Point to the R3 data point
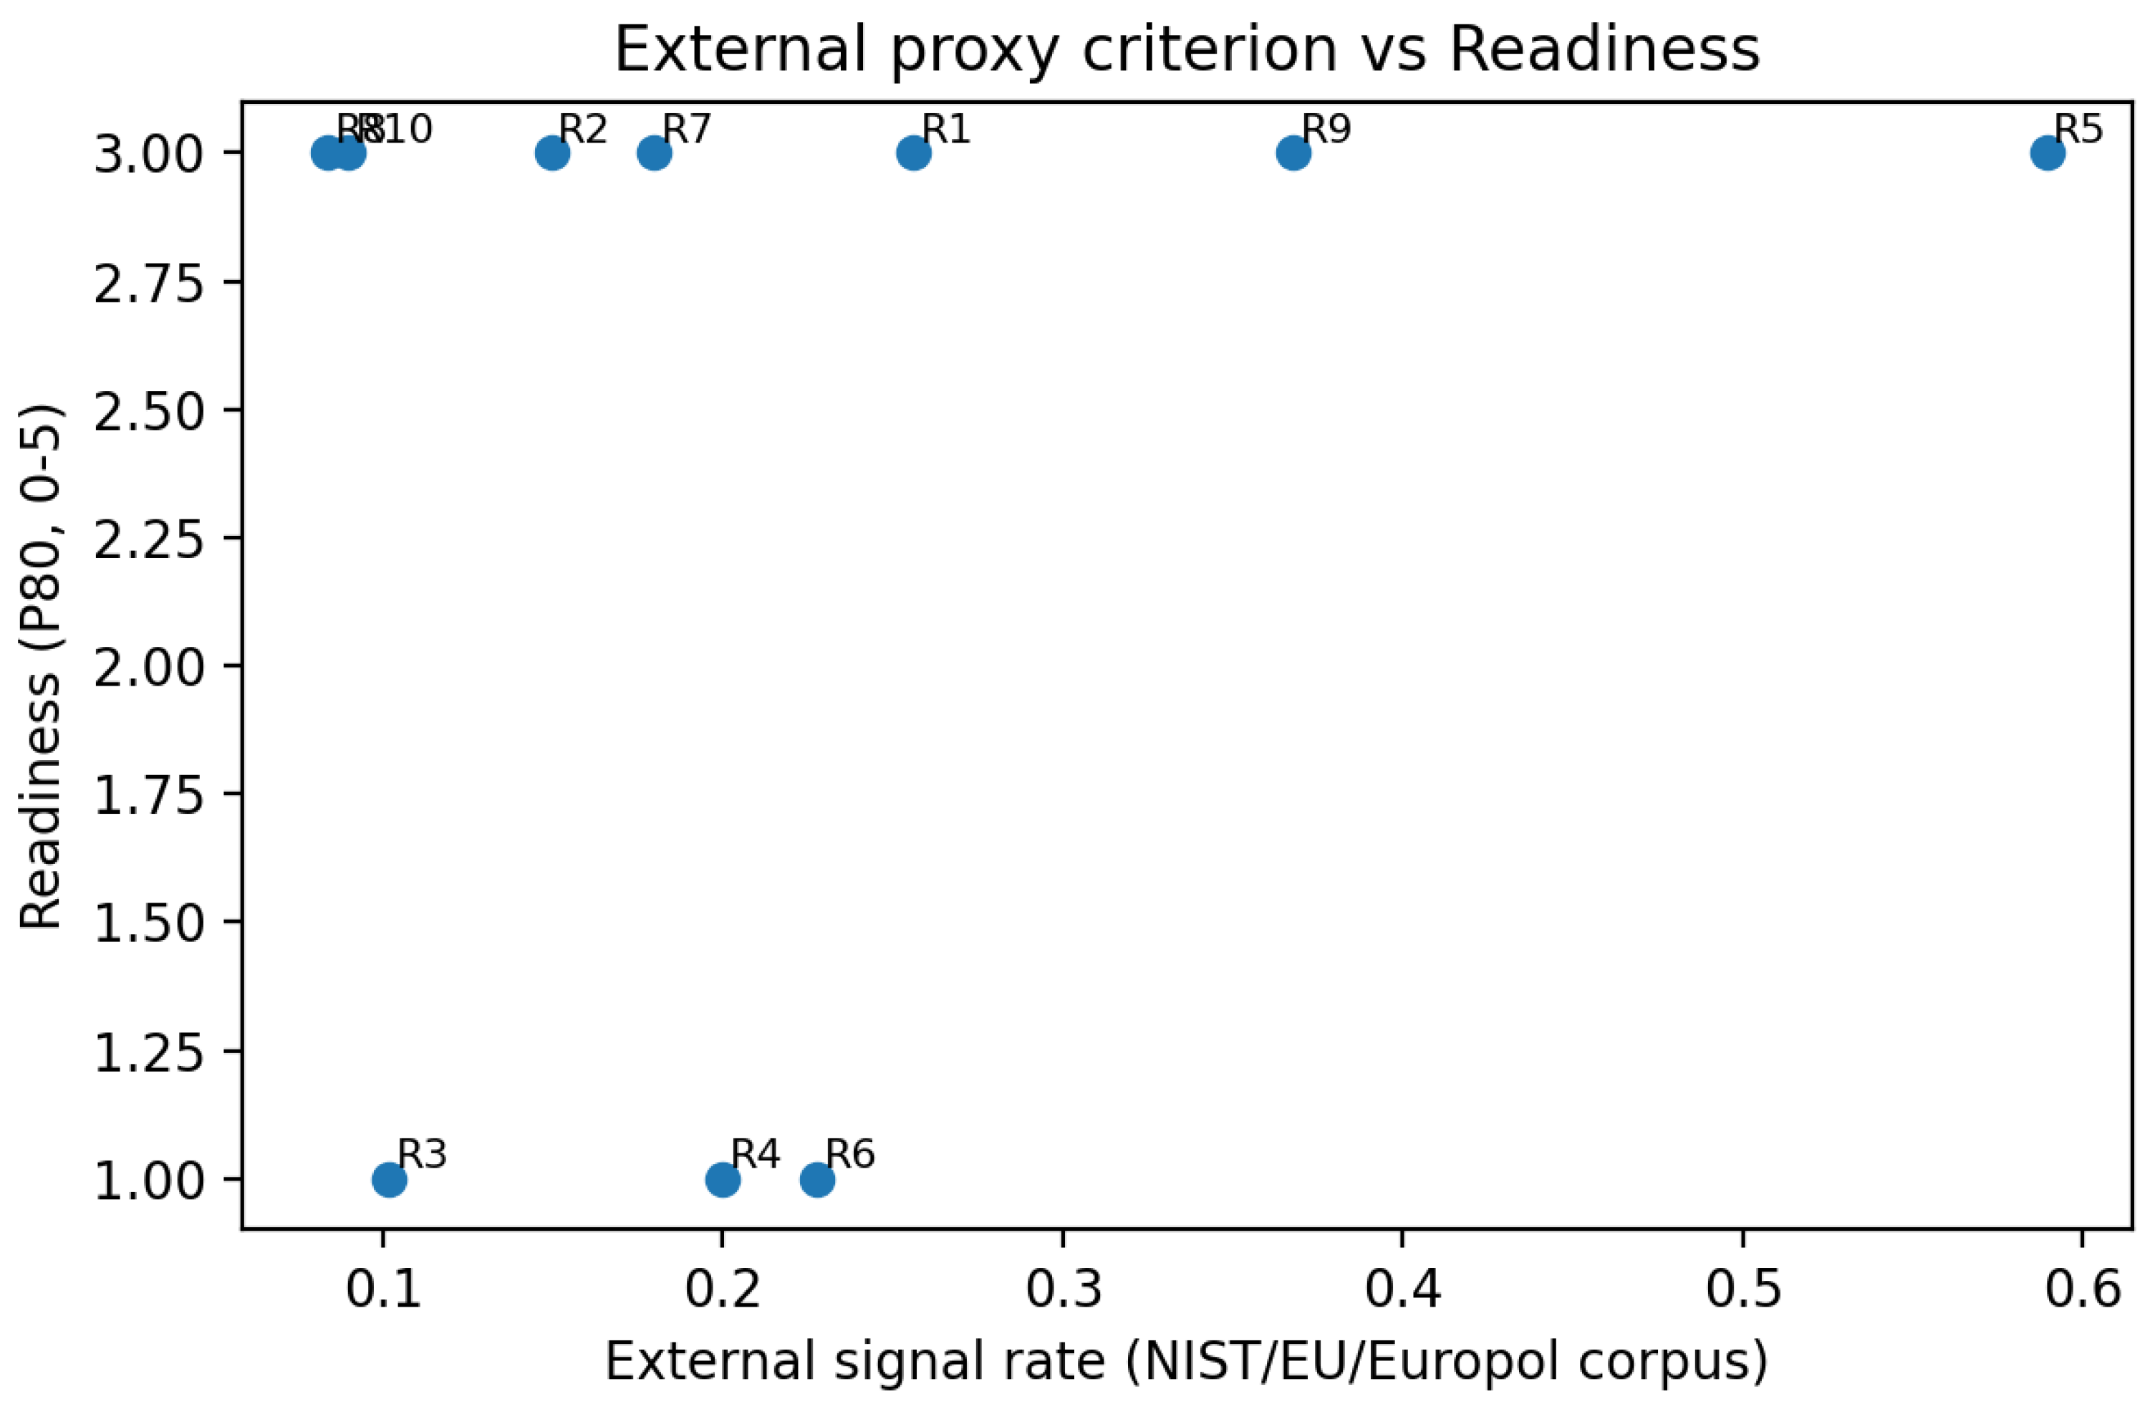[390, 1179]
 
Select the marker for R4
[723, 1179]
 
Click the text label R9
[1326, 130]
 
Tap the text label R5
[2078, 130]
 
